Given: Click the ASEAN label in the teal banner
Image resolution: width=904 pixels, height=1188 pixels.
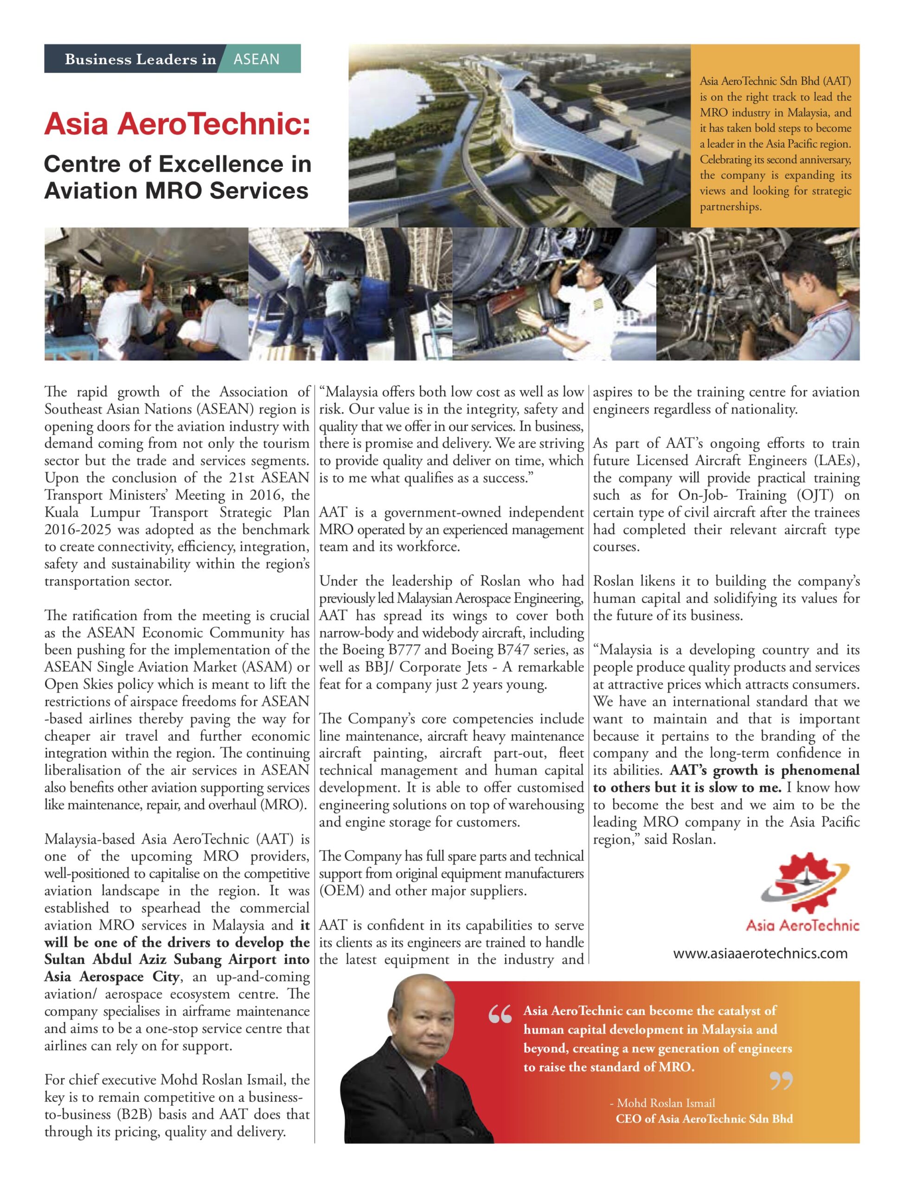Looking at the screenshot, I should point(256,58).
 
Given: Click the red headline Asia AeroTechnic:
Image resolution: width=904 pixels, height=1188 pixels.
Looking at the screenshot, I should point(178,124).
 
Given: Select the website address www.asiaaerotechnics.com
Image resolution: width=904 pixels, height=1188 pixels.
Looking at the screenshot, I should point(760,953).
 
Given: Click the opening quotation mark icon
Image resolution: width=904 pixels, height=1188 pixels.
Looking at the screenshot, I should point(500,1015).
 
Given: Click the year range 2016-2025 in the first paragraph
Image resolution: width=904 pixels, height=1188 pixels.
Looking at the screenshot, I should point(78,529).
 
